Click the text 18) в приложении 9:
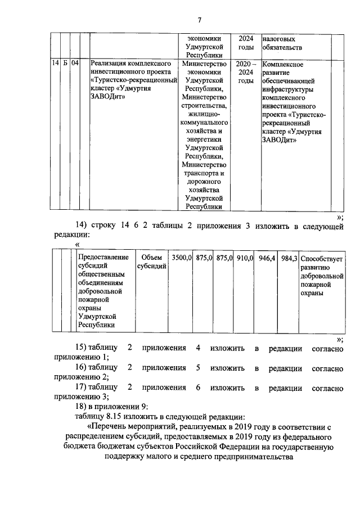click(112, 407)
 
